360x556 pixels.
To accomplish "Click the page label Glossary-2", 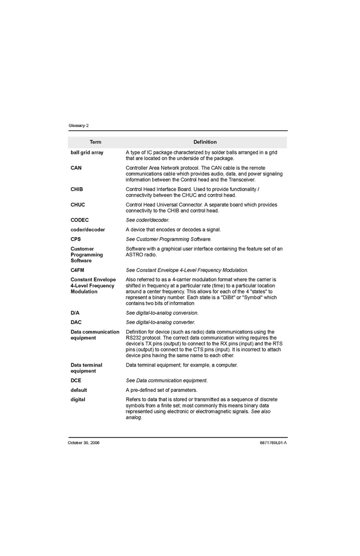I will tap(79, 126).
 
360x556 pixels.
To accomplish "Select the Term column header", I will tap(95, 142).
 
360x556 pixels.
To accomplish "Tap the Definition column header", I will tap(205, 142).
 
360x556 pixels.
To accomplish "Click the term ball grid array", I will tap(87, 153).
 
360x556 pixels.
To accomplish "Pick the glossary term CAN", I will tap(76, 168).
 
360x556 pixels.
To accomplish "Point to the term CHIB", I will tap(77, 189).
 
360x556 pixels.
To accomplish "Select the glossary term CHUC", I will tap(78, 205).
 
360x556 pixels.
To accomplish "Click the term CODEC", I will tap(80, 220).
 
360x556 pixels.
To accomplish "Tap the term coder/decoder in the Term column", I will tap(88, 229).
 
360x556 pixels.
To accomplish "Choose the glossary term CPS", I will tap(76, 239).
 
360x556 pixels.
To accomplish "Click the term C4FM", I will tap(78, 270).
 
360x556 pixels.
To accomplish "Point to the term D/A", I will tap(75, 313).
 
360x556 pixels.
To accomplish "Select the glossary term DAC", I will tap(76, 322).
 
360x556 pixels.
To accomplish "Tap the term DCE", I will tap(76, 381).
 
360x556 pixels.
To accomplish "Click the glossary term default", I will tap(79, 390).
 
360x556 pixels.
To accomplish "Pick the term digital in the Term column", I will tap(78, 400).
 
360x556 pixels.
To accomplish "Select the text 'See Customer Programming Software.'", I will tap(169, 239).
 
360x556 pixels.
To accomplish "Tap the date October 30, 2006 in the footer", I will tap(84, 443).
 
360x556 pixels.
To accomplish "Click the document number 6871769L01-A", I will tap(273, 443).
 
